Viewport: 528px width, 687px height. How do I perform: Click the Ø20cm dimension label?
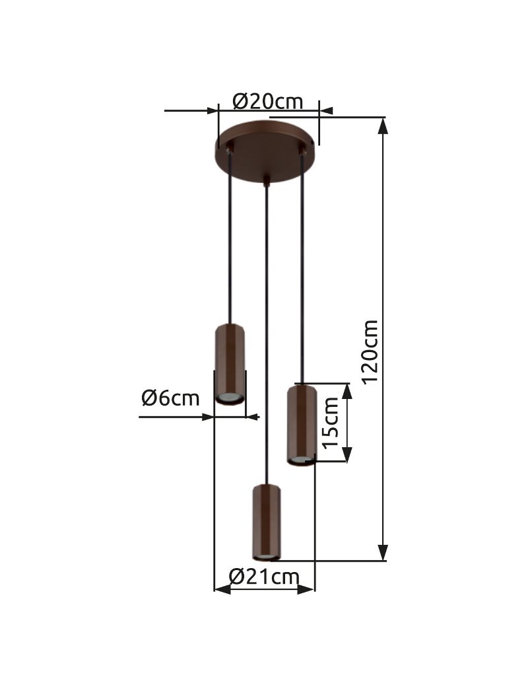(x=267, y=102)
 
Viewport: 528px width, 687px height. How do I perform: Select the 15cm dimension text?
(x=331, y=422)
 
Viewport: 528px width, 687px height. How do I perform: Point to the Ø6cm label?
(x=170, y=398)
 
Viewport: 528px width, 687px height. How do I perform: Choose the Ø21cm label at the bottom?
(x=264, y=577)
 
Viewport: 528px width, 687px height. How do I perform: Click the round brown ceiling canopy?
(x=266, y=151)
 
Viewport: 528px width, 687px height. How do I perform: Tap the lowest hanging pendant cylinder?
(x=266, y=523)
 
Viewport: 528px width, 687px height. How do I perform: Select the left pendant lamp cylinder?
(x=230, y=364)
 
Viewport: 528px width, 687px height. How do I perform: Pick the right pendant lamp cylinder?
(x=301, y=425)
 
